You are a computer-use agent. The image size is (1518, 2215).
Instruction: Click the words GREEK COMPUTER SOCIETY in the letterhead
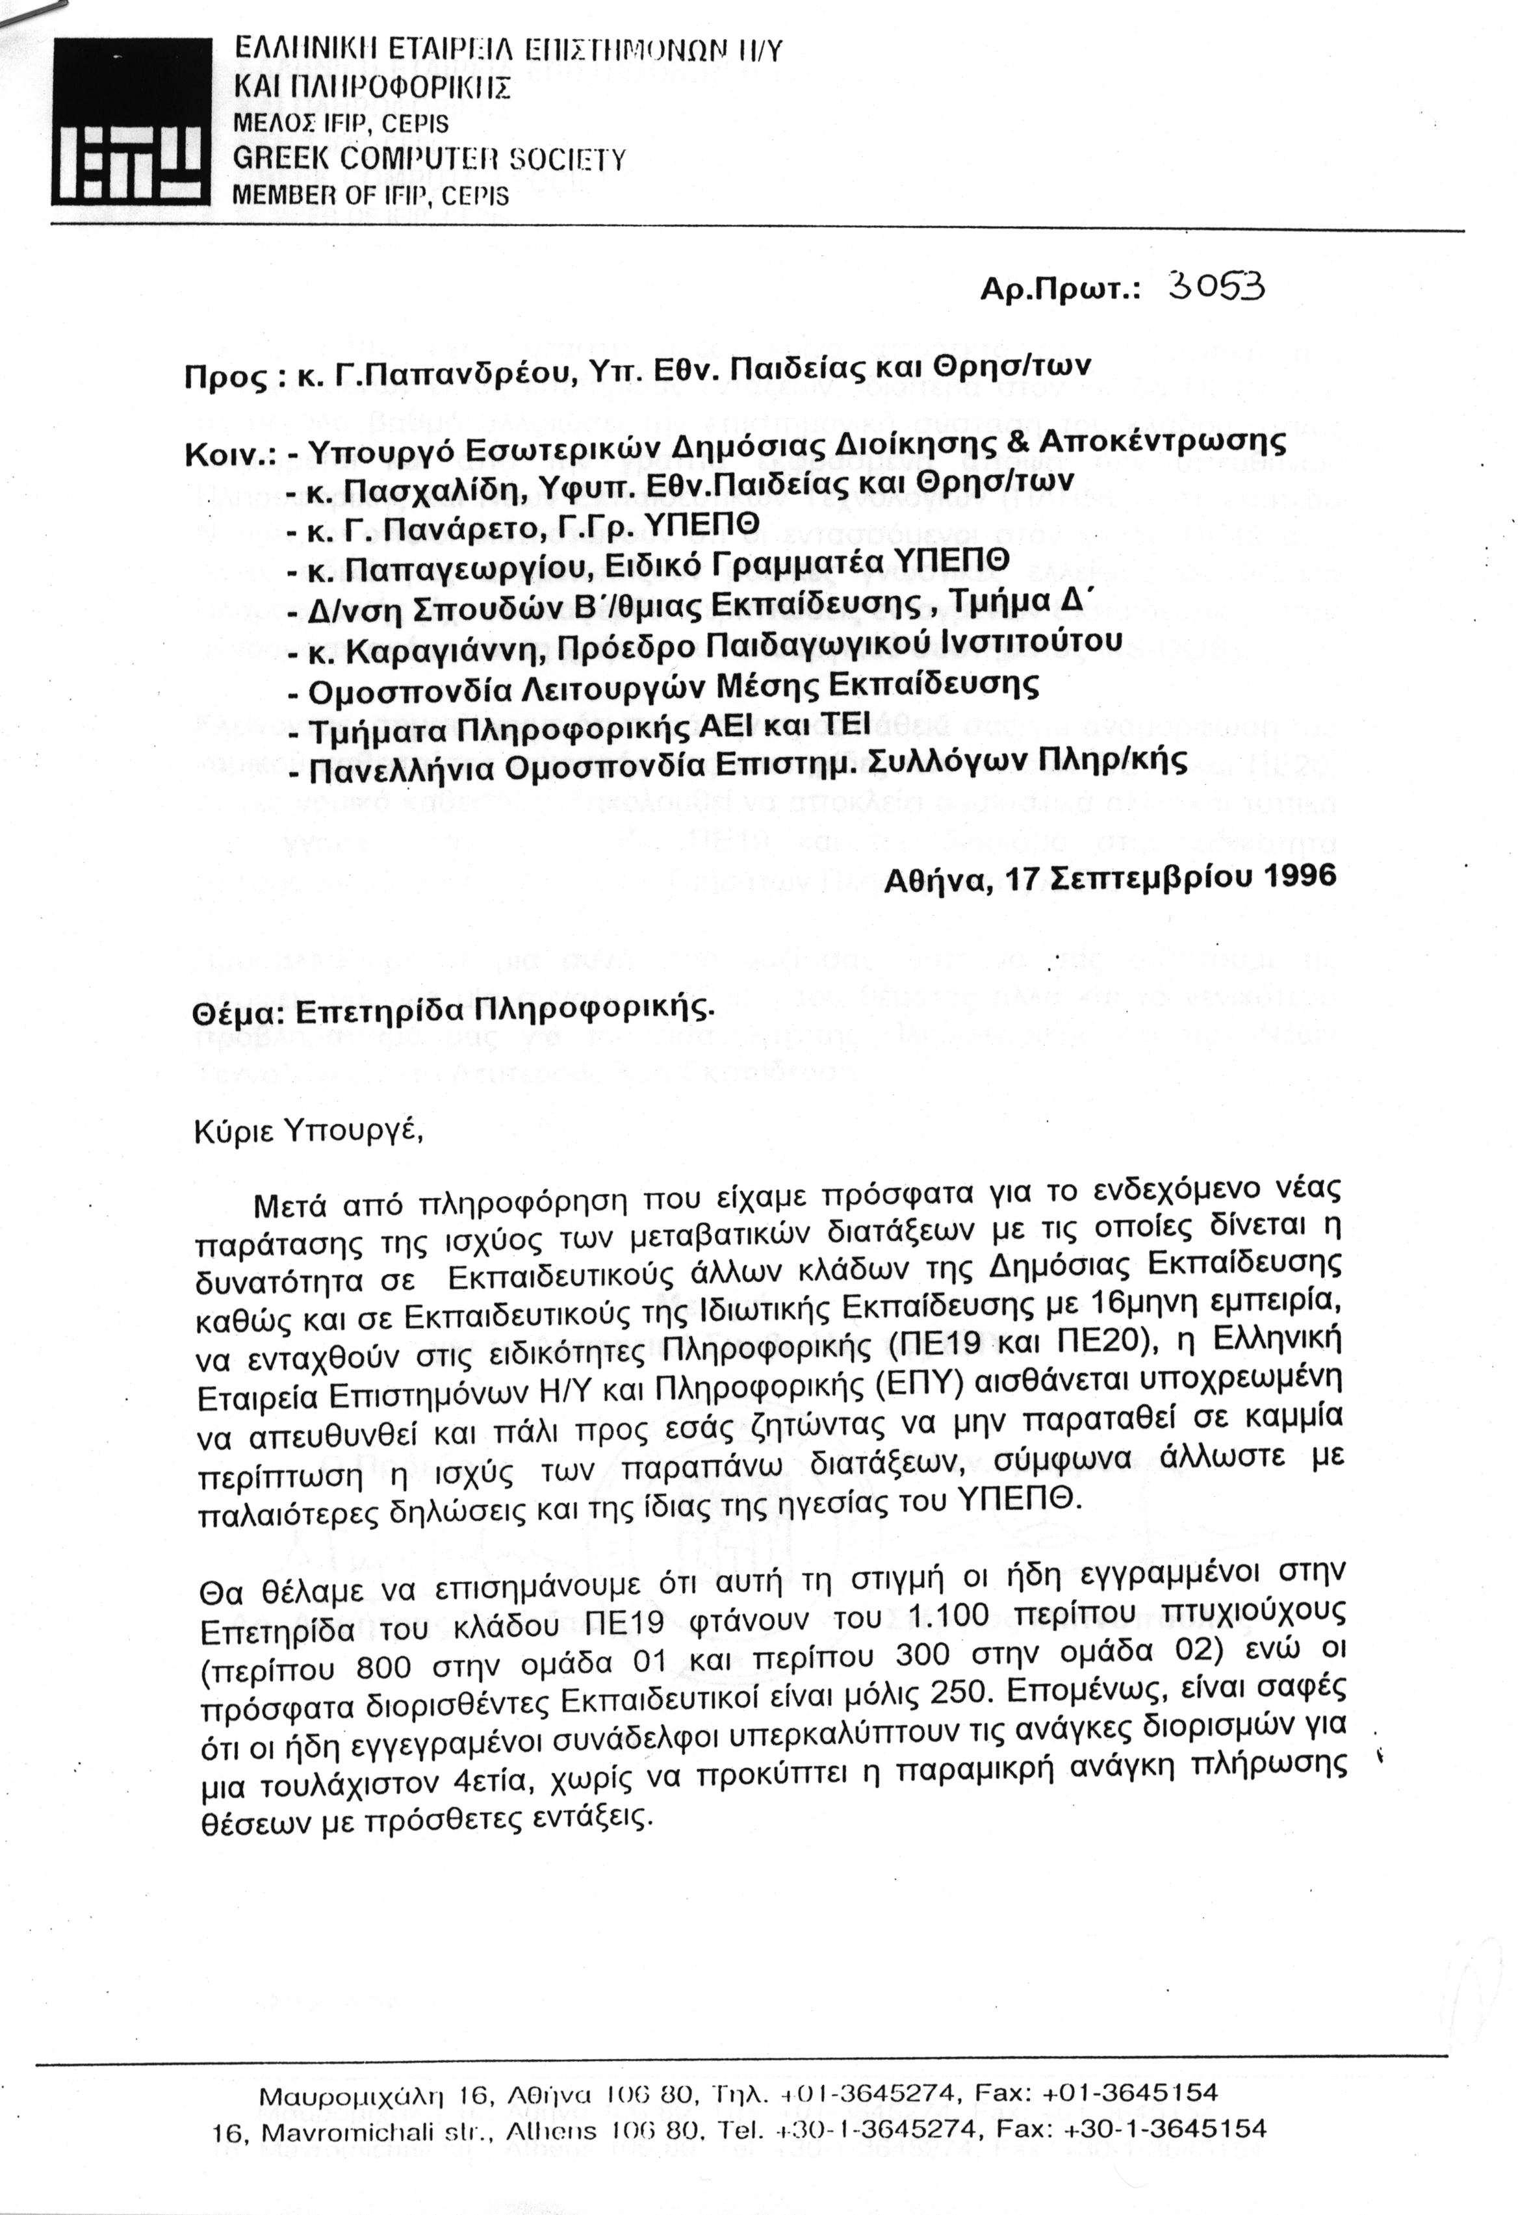tap(429, 159)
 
